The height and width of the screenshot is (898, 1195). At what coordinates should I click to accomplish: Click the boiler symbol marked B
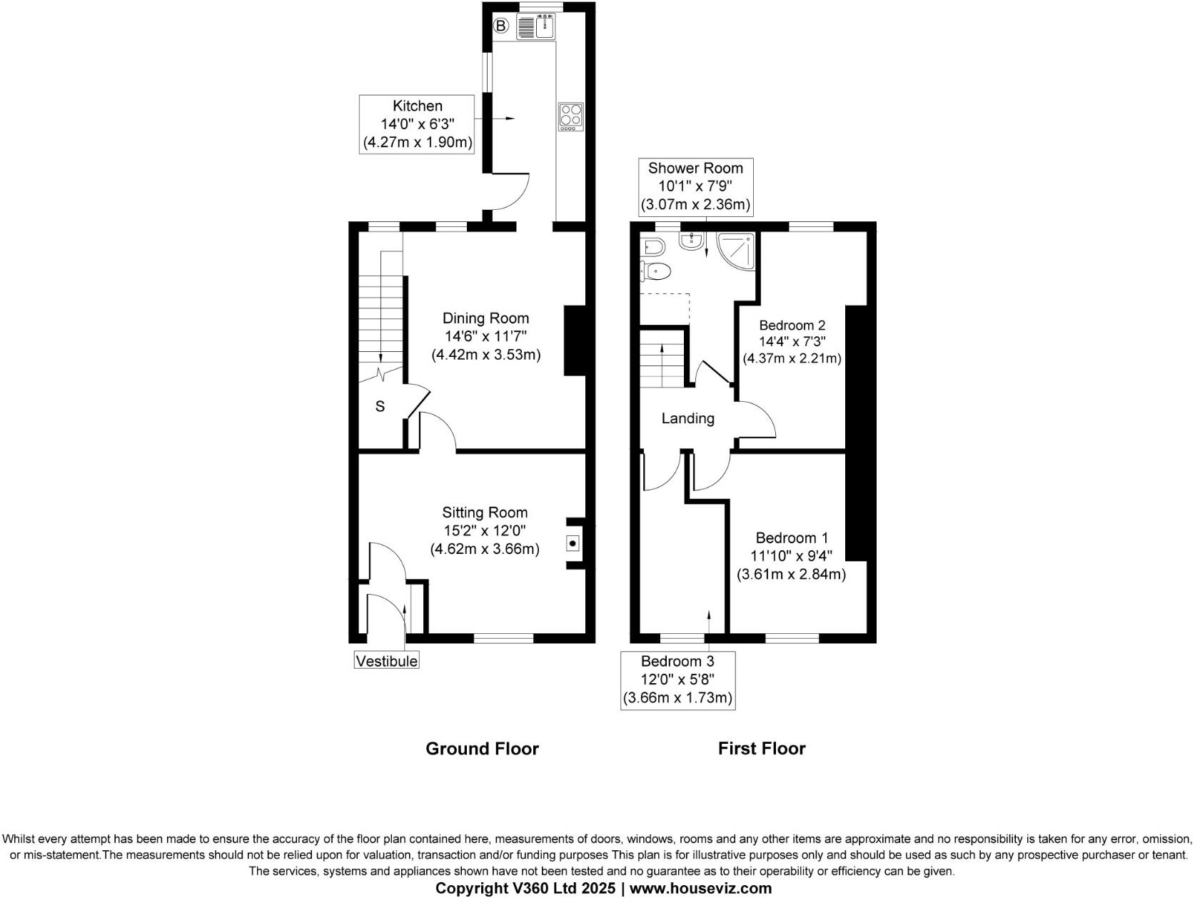[501, 27]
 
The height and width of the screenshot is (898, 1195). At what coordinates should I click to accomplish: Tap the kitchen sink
[547, 27]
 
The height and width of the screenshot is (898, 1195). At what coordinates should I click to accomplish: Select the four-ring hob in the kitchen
[570, 116]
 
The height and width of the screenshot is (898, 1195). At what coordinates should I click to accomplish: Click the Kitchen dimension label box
[418, 124]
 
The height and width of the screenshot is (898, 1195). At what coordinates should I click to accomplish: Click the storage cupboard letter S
[380, 406]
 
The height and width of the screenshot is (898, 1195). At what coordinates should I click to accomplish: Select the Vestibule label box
[386, 661]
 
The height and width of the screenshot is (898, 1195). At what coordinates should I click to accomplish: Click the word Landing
[687, 419]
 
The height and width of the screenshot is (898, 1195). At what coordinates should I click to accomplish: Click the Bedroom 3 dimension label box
[677, 680]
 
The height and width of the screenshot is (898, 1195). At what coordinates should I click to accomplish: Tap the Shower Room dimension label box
[695, 186]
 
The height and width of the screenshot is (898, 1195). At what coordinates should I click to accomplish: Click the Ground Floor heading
[482, 749]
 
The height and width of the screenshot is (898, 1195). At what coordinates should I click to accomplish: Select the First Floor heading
[761, 749]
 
